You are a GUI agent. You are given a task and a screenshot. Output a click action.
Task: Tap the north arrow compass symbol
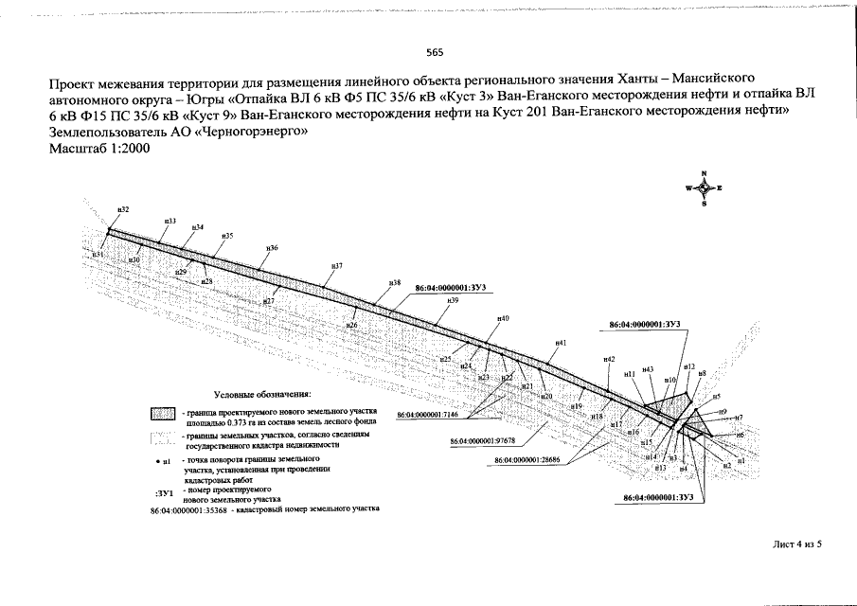tap(704, 187)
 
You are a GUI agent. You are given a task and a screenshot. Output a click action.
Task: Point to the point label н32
tap(122, 209)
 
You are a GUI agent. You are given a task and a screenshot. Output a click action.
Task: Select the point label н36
tap(272, 248)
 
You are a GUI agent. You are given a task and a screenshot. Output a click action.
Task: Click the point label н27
tap(268, 301)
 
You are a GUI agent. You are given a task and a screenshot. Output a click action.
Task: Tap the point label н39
tap(454, 300)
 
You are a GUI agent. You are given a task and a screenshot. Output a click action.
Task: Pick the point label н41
tap(561, 343)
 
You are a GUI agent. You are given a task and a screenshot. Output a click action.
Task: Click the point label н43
tap(648, 369)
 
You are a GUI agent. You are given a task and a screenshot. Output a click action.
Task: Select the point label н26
tap(351, 326)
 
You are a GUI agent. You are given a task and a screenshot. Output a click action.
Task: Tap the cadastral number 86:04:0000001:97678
tap(482, 441)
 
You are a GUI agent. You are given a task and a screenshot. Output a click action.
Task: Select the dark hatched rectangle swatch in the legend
tap(163, 415)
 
